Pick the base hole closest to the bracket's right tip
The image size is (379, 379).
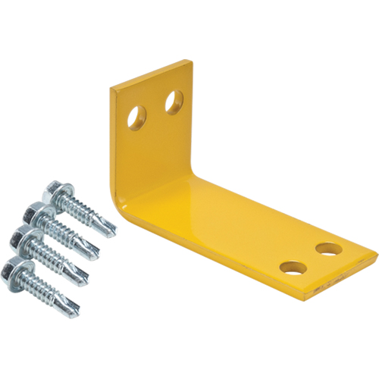click(x=328, y=249)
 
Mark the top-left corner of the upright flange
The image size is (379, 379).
click(x=111, y=91)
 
